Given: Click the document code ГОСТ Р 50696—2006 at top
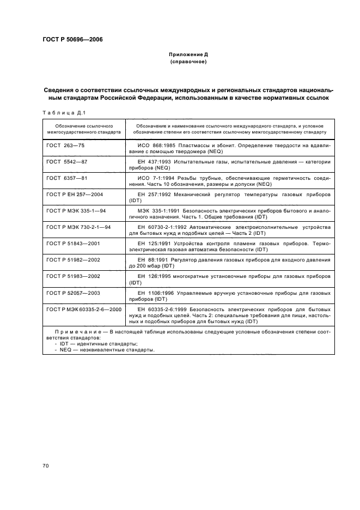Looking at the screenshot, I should pyautogui.click(x=72, y=39).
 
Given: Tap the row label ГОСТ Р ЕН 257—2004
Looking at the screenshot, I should pyautogui.click(x=75, y=193).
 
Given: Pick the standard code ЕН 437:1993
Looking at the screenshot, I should pyautogui.click(x=157, y=162).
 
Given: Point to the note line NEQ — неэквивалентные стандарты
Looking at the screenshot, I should pyautogui.click(x=98, y=350).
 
